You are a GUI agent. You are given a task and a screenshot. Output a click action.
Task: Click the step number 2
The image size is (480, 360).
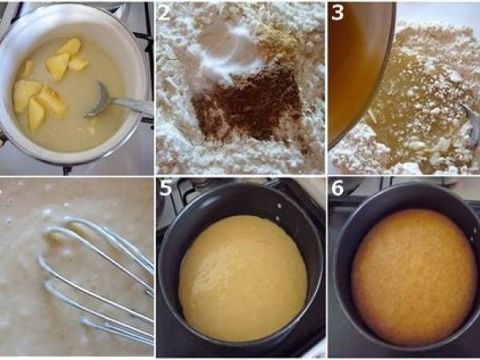point(165,14)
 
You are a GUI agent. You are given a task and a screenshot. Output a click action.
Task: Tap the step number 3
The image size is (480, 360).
point(338,13)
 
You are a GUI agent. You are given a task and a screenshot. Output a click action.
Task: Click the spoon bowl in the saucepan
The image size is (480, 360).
point(99,102)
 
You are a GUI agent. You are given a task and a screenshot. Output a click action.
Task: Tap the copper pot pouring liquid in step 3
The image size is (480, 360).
point(356,64)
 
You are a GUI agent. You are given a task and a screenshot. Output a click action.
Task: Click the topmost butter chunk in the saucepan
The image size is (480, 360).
point(70,46)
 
